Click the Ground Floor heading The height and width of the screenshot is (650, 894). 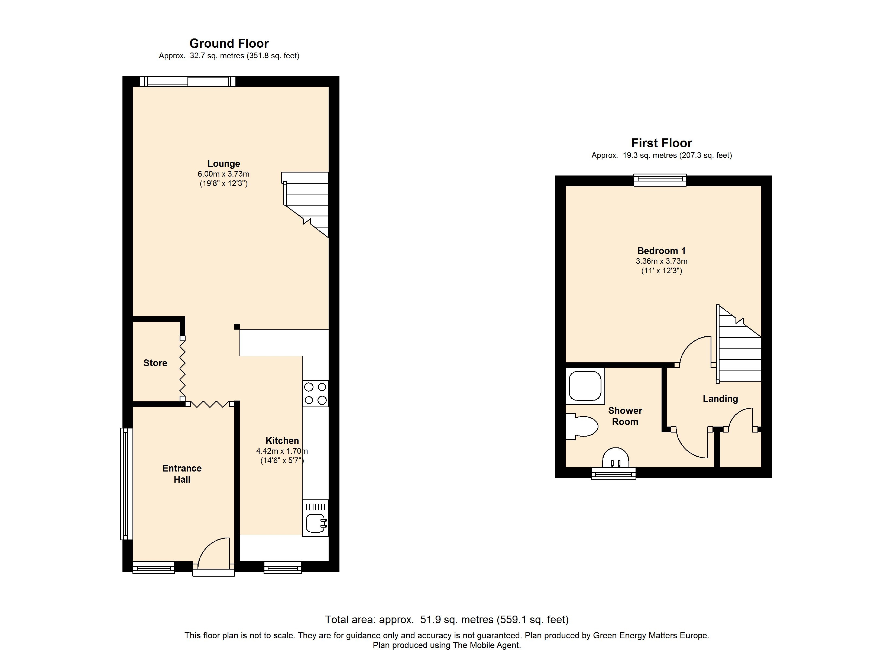pos(229,43)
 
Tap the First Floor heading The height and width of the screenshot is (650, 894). pos(662,143)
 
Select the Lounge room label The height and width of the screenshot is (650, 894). pos(224,163)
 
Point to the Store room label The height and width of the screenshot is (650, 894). pos(155,363)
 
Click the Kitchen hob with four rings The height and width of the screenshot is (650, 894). pos(315,394)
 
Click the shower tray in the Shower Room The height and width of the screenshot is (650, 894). pos(585,386)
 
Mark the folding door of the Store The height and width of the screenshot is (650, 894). pos(183,369)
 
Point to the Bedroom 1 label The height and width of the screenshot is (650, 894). pos(662,251)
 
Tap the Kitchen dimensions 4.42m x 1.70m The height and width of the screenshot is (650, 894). pos(282,451)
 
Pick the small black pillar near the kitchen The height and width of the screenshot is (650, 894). pos(237,326)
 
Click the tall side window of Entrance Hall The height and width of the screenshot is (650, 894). pos(127,484)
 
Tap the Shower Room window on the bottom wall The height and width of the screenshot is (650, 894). pos(613,473)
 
